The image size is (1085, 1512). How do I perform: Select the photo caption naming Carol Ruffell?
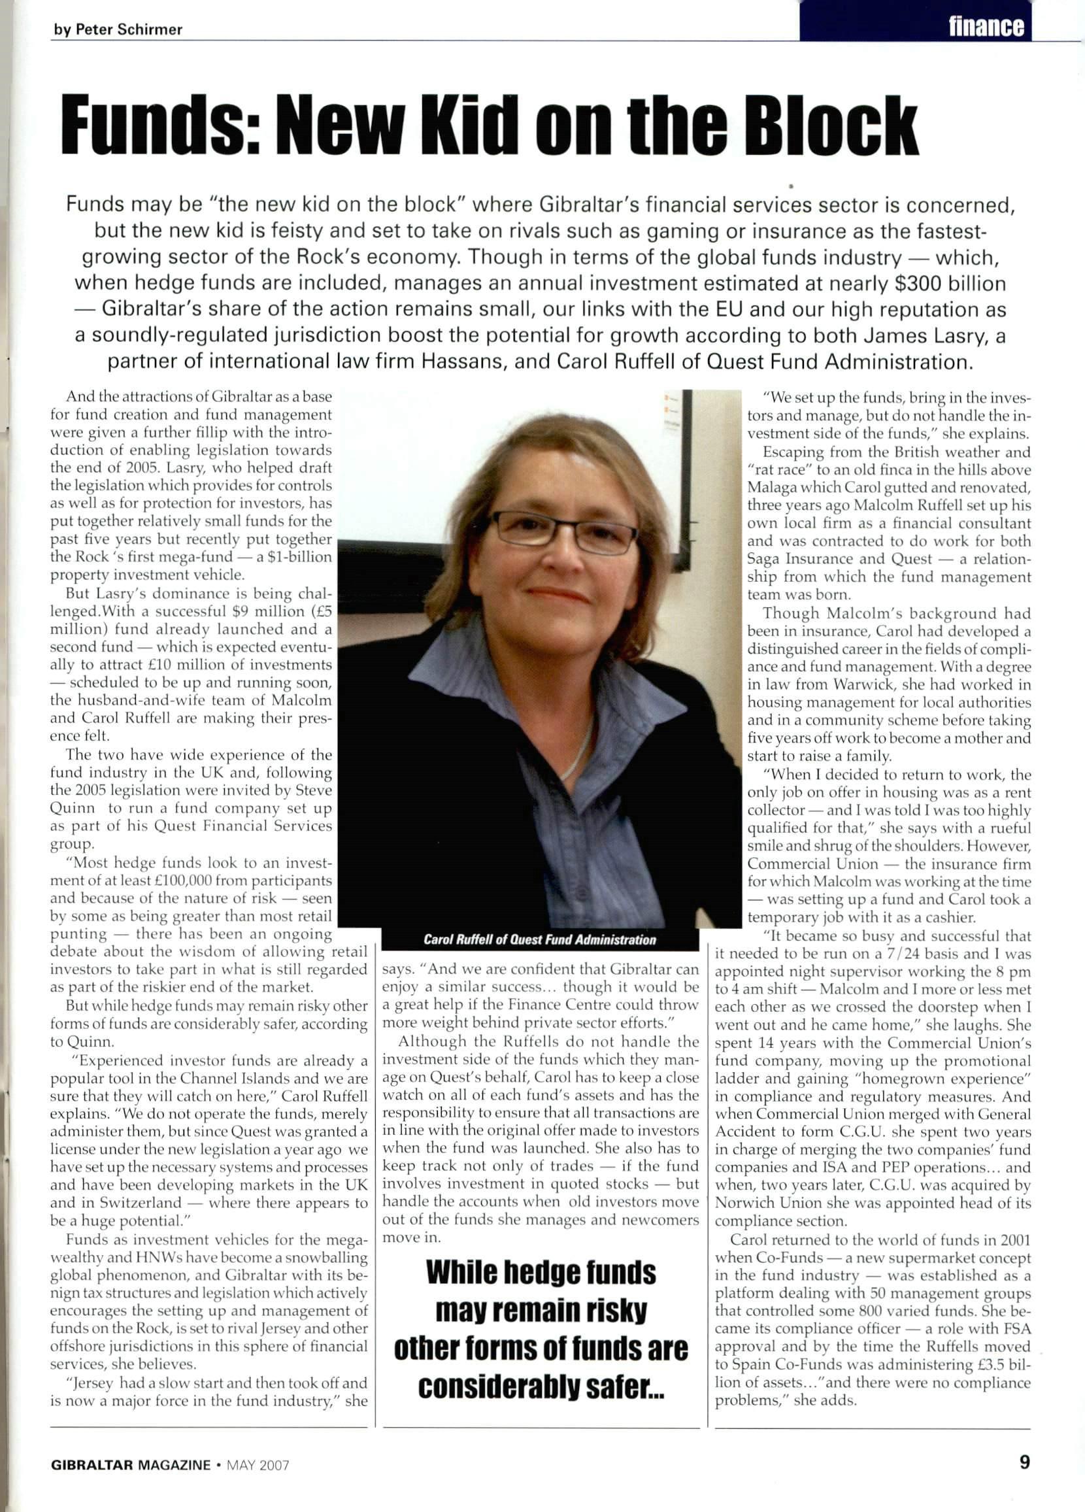click(539, 939)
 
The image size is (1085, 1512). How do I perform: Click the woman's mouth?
click(558, 594)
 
